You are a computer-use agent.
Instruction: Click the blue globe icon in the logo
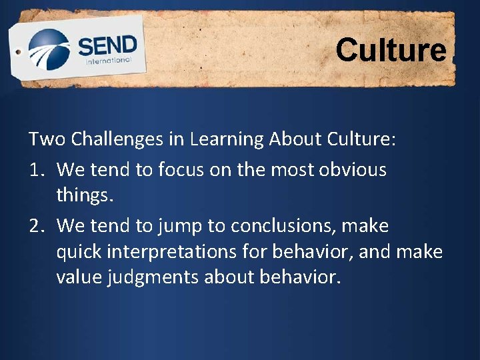click(x=49, y=49)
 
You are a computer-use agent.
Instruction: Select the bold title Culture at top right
click(x=391, y=50)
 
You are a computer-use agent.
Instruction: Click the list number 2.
click(x=36, y=226)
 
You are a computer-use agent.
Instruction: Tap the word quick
click(x=81, y=252)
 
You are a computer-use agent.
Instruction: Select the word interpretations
click(x=183, y=252)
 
